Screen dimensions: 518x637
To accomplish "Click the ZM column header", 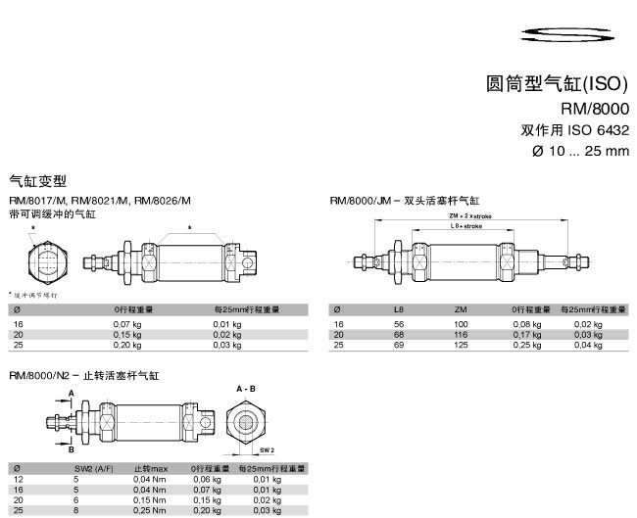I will pos(461,309).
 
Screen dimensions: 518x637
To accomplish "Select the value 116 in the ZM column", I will pos(461,334).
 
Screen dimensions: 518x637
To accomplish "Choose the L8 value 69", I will pos(399,345).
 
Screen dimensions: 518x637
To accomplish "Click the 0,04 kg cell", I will pos(588,345).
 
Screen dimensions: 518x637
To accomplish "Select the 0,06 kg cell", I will pos(206,479).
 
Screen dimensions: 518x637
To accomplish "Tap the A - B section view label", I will pos(245,389).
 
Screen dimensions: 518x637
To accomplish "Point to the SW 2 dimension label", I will pos(267,448).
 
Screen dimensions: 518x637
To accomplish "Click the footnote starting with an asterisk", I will pos(35,294).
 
